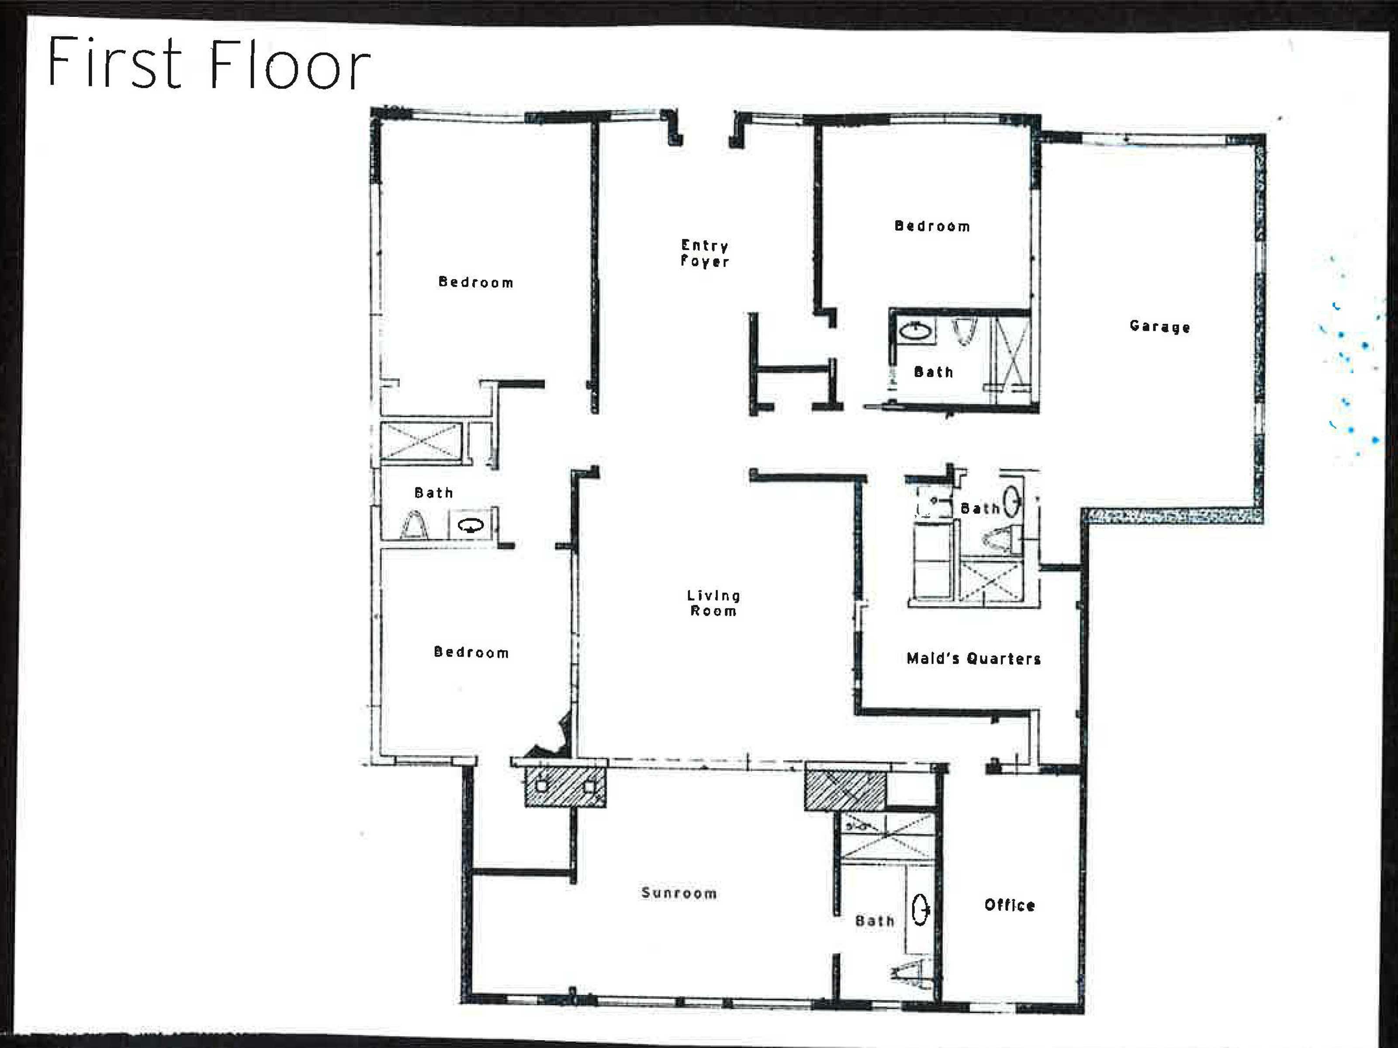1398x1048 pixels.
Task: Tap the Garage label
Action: click(x=1160, y=327)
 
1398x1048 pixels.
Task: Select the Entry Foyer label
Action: click(x=705, y=253)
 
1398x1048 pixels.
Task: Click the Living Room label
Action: click(x=713, y=603)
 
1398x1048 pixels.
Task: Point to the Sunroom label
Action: click(x=679, y=893)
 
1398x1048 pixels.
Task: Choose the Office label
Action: click(x=1009, y=905)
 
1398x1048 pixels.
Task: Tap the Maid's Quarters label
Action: click(x=973, y=658)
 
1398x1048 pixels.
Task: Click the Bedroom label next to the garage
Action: click(x=932, y=226)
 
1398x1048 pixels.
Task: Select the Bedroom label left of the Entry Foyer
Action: click(x=476, y=283)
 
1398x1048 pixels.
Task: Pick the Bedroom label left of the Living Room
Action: click(x=471, y=652)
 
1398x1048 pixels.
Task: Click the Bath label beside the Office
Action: click(x=875, y=921)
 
